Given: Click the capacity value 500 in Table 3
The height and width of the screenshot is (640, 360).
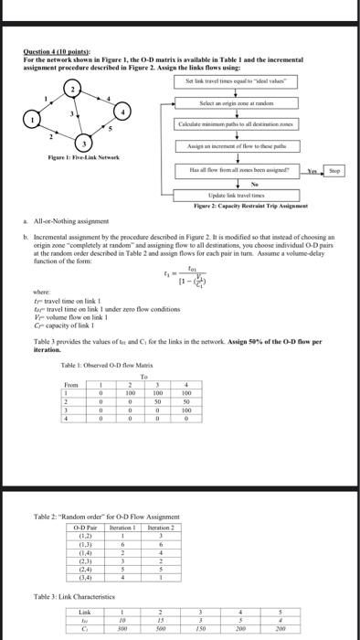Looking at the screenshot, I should [x=160, y=628].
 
